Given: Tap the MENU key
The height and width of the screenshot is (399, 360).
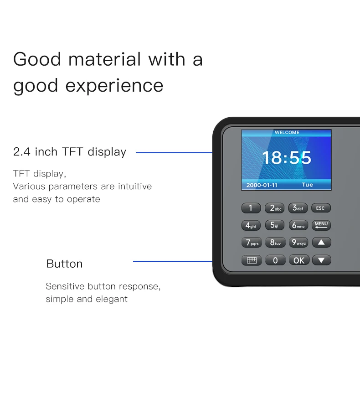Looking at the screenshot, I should coord(321,225).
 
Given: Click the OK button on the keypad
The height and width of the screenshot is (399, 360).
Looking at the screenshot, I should coord(298,260).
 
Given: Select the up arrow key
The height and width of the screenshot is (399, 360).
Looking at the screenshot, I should coord(321,243).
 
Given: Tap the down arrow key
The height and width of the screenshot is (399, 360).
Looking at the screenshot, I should coord(321,260).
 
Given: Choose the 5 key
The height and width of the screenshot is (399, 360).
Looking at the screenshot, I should coord(274,225).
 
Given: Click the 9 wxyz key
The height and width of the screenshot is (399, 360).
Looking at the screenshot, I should coord(298,243).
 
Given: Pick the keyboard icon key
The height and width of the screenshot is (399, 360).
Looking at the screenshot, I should coord(252,260).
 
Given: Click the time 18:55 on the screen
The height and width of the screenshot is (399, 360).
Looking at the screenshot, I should coord(286,158).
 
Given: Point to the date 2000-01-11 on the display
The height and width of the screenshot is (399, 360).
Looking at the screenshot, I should coord(262,185).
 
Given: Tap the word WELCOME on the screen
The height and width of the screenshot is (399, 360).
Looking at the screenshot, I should coord(287,133).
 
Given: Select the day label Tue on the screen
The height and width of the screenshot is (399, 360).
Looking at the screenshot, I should coord(307,185).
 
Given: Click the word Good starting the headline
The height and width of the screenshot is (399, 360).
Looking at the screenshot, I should coord(38,60).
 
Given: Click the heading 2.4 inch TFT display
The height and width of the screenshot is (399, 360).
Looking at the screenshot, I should coord(70,152).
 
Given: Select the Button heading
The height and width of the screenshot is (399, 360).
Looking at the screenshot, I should coord(64,264).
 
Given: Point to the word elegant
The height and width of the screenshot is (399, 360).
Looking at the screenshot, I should coord(112,299).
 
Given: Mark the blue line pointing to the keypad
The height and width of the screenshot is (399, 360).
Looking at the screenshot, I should coord(172,261).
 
